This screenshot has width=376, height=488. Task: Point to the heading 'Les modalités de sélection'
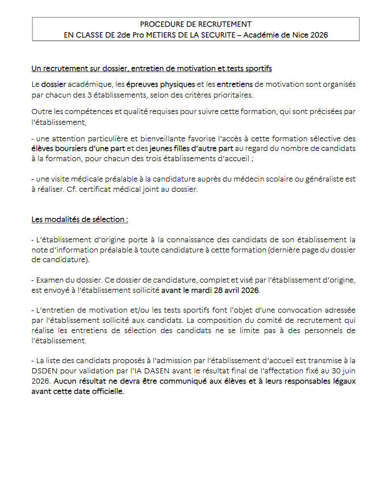point(80,218)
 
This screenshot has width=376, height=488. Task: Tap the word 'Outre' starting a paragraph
point(41,111)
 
